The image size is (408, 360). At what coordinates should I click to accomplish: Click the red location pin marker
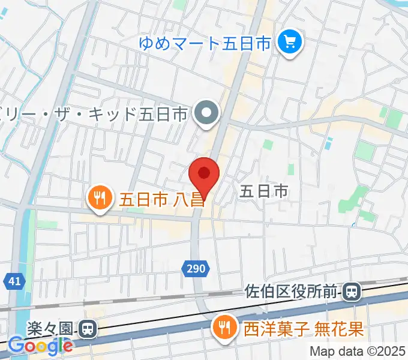click(x=204, y=175)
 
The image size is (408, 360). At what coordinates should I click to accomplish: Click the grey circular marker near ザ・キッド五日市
click(x=208, y=112)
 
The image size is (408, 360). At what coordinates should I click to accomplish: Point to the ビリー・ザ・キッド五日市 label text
click(x=96, y=113)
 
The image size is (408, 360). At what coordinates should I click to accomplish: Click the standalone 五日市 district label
click(x=265, y=191)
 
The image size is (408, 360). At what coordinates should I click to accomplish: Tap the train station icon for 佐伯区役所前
click(x=352, y=292)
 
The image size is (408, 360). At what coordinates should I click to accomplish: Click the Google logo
click(x=41, y=346)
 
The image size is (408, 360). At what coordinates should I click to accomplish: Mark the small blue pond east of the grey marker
click(x=328, y=143)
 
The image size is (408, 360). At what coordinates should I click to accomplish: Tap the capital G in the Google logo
click(x=16, y=346)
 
